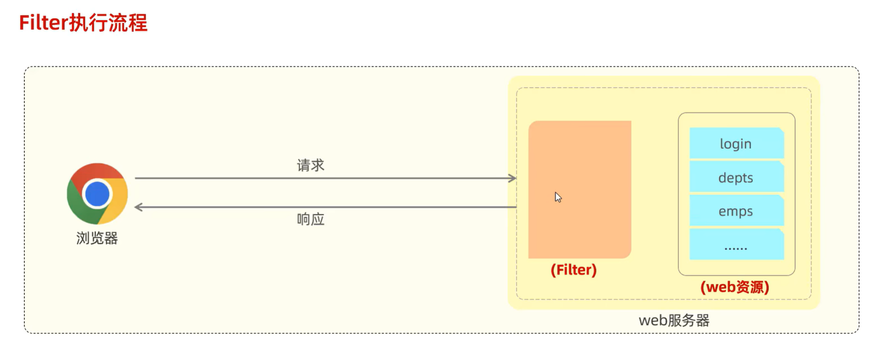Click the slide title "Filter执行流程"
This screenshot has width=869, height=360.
pyautogui.click(x=83, y=23)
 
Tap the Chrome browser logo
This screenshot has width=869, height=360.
pyautogui.click(x=97, y=194)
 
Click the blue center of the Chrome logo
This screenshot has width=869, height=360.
pyautogui.click(x=97, y=194)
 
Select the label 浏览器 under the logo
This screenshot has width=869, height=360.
pyautogui.click(x=97, y=238)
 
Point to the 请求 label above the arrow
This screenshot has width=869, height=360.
pyautogui.click(x=311, y=165)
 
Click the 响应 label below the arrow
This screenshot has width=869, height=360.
pyautogui.click(x=311, y=219)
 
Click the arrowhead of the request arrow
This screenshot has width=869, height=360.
pyautogui.click(x=513, y=178)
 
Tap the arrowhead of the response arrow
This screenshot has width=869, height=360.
pyautogui.click(x=138, y=207)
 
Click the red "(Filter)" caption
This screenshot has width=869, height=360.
pyautogui.click(x=574, y=270)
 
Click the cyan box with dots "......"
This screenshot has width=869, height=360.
pyautogui.click(x=736, y=244)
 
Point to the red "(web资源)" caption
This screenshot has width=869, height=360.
pyautogui.click(x=735, y=287)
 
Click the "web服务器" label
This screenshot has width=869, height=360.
pyautogui.click(x=674, y=321)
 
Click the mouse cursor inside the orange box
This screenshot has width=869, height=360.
pyautogui.click(x=558, y=197)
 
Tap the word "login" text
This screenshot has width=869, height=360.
pyautogui.click(x=735, y=144)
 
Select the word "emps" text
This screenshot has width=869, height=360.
pyautogui.click(x=735, y=211)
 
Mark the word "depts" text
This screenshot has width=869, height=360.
pyautogui.click(x=735, y=178)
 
